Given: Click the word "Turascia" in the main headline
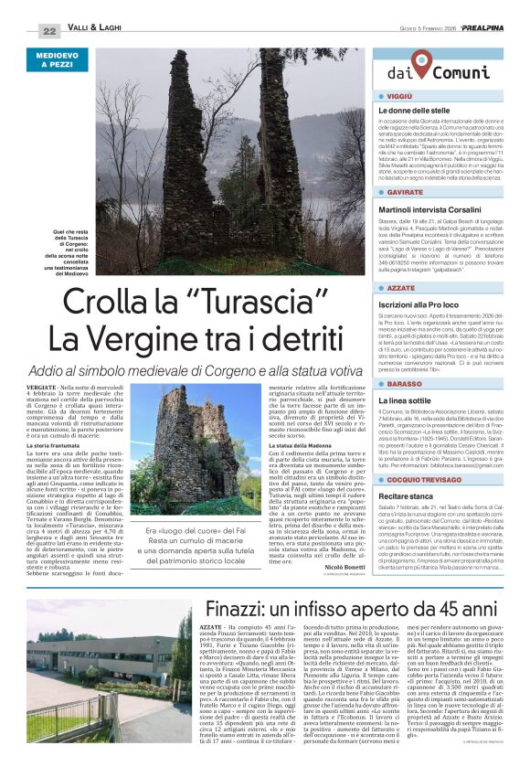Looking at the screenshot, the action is (238, 301).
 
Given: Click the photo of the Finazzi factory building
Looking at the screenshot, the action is (96, 681).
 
